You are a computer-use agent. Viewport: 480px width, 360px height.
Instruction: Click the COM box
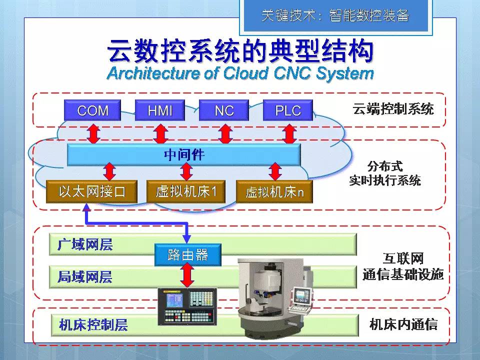(93, 110)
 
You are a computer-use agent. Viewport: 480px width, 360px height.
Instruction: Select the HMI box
(160, 110)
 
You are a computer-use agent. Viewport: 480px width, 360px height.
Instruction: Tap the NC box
(224, 110)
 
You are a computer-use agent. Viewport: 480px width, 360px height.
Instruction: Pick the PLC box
(288, 110)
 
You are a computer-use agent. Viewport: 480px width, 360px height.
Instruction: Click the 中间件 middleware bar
(184, 155)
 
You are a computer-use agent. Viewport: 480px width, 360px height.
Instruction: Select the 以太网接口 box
(91, 191)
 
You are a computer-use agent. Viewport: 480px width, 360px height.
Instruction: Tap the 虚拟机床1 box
(186, 191)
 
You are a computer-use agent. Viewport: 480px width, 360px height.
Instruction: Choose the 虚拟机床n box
(274, 191)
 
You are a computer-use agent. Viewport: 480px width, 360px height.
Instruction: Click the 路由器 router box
(187, 255)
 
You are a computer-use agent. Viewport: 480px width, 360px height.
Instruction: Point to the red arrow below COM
(93, 133)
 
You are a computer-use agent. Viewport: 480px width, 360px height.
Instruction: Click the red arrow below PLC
(289, 133)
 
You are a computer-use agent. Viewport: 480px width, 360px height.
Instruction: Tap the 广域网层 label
(85, 244)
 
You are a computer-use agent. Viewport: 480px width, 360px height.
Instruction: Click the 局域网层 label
(85, 277)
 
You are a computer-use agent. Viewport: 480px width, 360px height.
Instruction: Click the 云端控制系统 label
(393, 108)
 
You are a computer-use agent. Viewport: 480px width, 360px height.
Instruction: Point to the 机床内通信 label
(403, 325)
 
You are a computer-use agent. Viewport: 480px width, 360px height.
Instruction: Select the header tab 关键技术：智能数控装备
(334, 16)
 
